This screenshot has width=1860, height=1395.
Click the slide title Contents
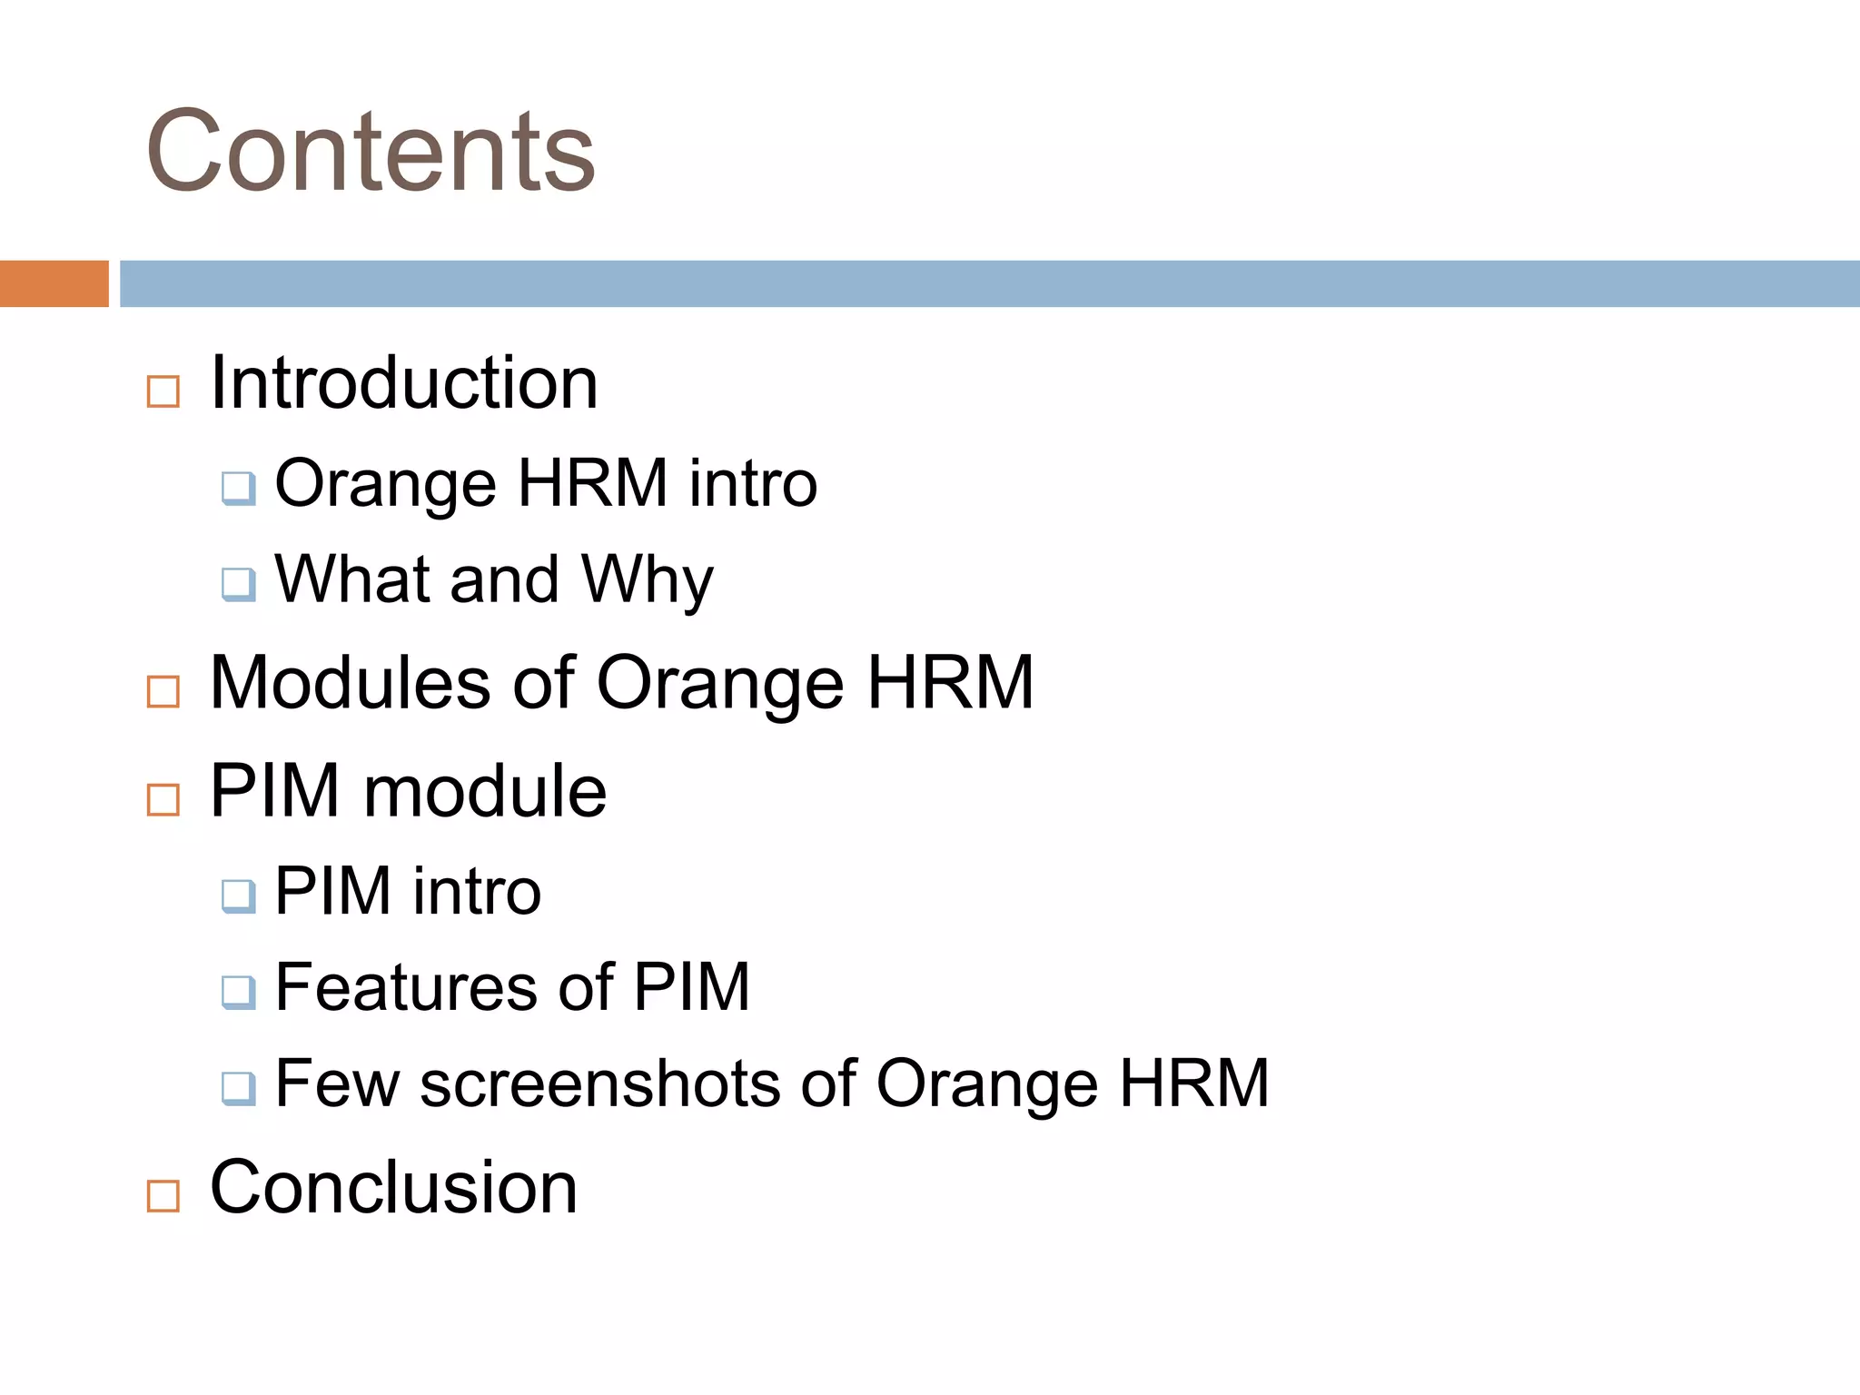point(371,152)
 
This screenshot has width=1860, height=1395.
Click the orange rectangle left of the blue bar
point(54,283)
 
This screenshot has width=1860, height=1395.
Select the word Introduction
point(403,383)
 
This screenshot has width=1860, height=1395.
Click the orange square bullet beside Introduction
point(163,392)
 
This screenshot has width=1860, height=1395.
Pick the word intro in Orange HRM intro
point(753,483)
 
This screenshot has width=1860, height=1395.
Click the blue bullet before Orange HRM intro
point(238,489)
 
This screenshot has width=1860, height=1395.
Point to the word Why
point(648,581)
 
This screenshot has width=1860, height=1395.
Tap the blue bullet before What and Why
point(238,584)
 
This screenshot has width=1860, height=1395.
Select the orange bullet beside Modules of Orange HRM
point(163,691)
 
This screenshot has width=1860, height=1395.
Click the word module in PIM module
point(485,791)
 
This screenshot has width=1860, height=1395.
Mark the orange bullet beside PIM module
point(163,800)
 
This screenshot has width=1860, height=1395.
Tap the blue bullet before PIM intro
point(238,896)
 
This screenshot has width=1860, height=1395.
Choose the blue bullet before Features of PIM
point(238,992)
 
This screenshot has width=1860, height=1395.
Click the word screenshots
point(599,1083)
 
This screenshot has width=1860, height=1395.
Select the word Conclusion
point(393,1187)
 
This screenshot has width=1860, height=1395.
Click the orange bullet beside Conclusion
point(163,1196)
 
